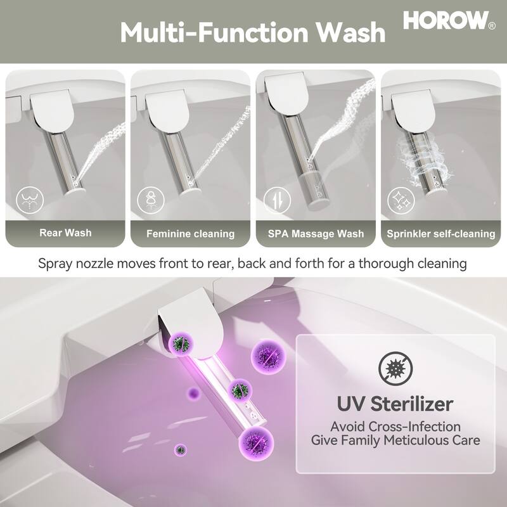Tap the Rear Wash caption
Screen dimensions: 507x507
(x=65, y=233)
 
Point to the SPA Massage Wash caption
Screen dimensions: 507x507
(x=316, y=234)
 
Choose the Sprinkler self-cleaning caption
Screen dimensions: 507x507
(x=441, y=234)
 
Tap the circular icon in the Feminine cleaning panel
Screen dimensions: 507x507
(x=151, y=200)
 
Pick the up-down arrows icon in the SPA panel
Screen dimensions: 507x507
(x=277, y=200)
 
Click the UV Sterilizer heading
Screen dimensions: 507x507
(x=395, y=403)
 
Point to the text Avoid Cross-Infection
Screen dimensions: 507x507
(x=395, y=427)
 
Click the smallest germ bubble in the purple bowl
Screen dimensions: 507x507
(x=181, y=449)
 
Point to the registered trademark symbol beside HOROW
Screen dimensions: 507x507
(x=492, y=25)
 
